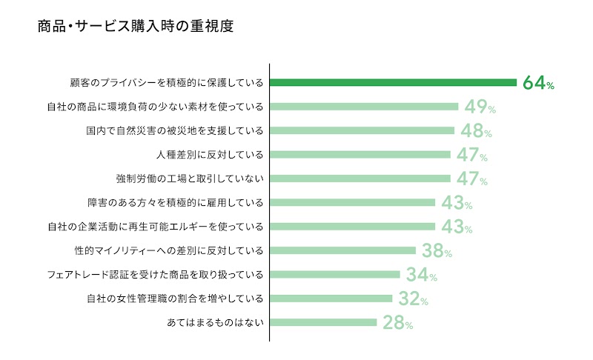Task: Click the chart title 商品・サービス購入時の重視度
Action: pos(136,27)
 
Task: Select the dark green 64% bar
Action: pos(393,82)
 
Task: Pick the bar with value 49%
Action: pos(364,107)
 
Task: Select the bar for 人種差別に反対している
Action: pos(360,155)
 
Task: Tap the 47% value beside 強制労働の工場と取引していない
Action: pos(472,179)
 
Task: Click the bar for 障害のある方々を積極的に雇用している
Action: pos(353,203)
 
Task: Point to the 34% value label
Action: pos(421,275)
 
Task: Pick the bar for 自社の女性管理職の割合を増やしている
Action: pos(331,299)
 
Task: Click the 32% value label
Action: pos(413,299)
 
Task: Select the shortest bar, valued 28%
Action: pos(323,323)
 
